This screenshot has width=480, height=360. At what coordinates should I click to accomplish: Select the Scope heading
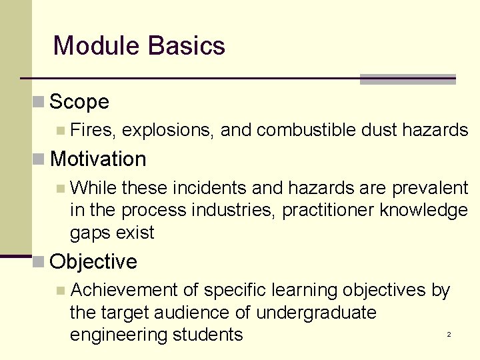coord(79,102)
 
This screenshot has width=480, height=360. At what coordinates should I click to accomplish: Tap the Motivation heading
coord(97,159)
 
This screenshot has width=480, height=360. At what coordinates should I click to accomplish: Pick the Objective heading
coord(93,262)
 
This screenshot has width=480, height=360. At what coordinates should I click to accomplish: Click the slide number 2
coord(449,334)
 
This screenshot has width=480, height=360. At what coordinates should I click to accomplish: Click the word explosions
coord(169,130)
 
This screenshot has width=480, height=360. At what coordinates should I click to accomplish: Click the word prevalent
coord(430,188)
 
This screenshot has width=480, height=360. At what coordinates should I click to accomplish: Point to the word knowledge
coord(424,211)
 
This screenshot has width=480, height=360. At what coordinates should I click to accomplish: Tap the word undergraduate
coord(316,313)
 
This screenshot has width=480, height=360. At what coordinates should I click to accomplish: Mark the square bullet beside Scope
coord(39,102)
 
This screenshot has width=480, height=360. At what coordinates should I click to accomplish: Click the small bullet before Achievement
coord(61,291)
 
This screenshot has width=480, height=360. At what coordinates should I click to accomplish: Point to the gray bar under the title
coord(407,79)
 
